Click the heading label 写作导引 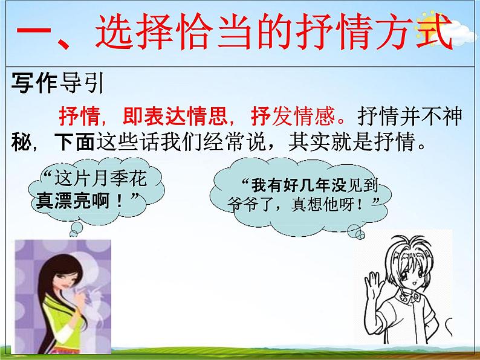tap(57, 83)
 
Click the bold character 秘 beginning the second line tap(19, 144)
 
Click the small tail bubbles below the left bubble tap(77, 228)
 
